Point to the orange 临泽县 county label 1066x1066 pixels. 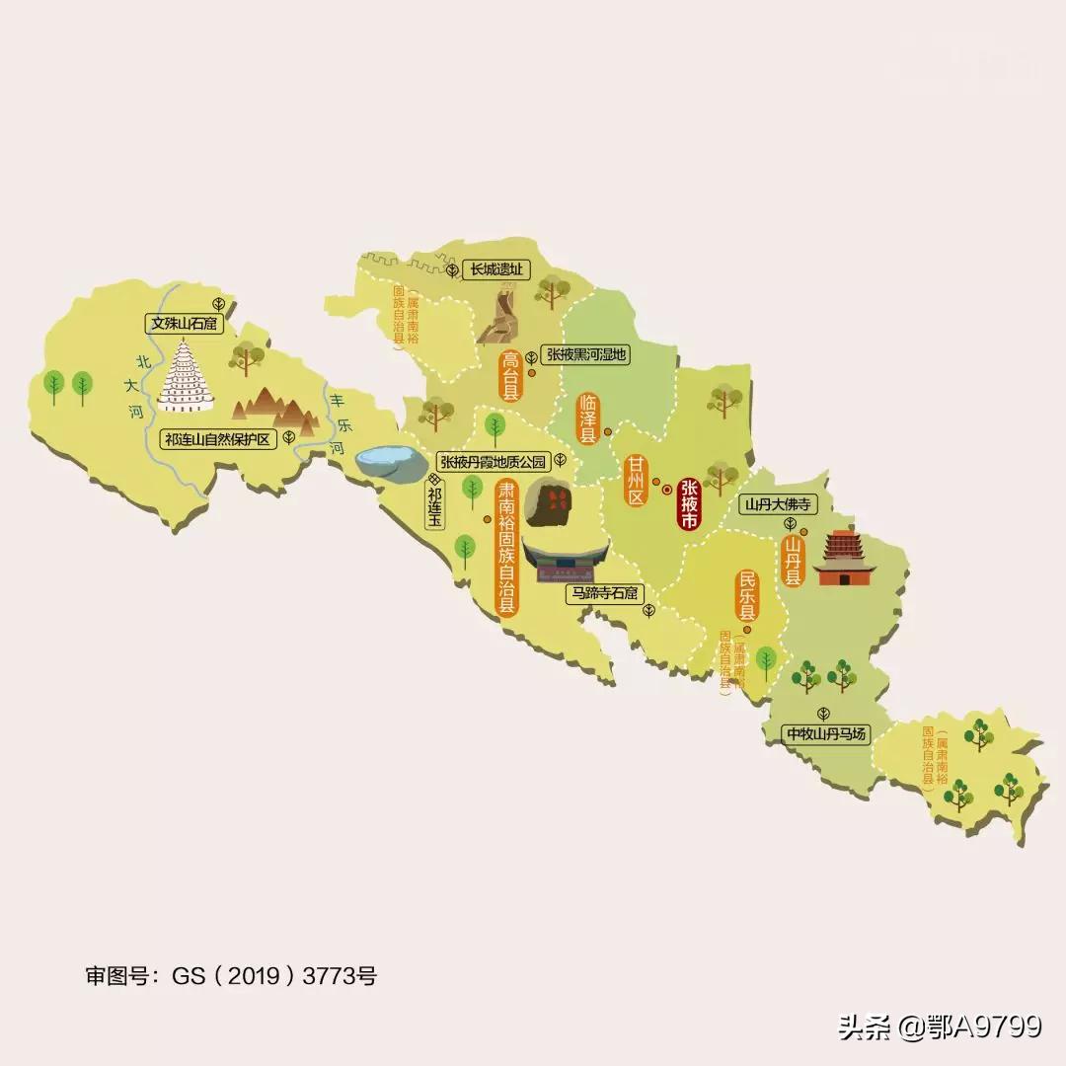click(x=588, y=419)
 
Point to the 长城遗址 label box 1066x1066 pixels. click(x=495, y=268)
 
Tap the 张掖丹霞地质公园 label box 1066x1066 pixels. click(x=492, y=461)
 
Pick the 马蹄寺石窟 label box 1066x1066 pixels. click(x=604, y=593)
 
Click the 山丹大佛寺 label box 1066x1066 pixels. click(x=778, y=504)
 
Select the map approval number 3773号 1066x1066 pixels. click(x=340, y=977)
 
